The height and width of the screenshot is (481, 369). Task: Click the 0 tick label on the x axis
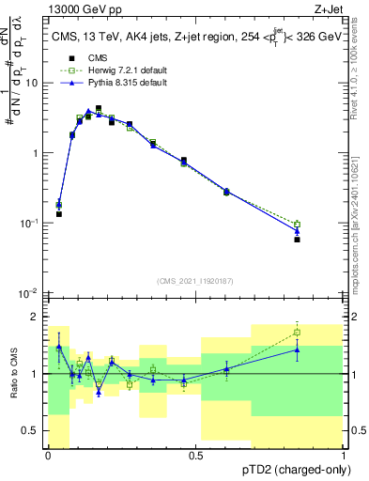point(48,456)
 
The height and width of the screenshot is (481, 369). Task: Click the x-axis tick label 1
point(342,456)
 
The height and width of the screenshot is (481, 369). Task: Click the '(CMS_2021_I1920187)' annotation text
point(194,279)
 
